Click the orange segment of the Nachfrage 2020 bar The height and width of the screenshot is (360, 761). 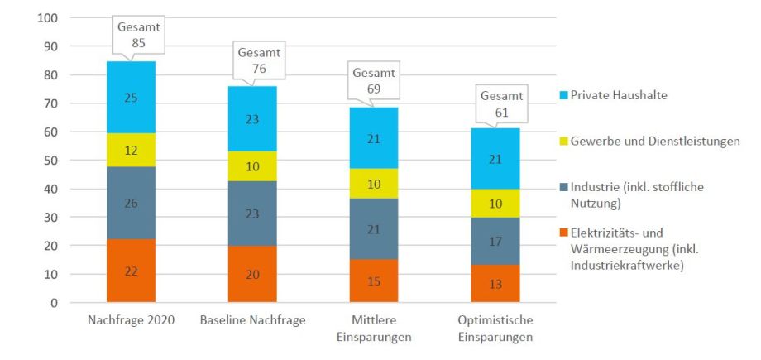click(131, 271)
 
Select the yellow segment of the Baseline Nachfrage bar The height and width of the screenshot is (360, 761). click(252, 166)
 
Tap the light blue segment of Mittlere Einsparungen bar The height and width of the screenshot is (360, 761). click(373, 137)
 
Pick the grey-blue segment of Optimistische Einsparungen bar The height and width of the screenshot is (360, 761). click(495, 241)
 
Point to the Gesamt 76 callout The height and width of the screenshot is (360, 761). click(259, 59)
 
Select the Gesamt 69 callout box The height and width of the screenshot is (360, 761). click(373, 79)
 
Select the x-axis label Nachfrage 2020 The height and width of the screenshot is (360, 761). click(131, 320)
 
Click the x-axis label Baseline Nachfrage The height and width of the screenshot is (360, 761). click(252, 320)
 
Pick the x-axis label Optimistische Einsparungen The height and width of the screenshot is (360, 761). click(495, 329)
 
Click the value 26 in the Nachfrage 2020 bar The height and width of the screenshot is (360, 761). click(131, 203)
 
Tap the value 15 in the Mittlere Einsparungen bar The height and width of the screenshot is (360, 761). click(373, 281)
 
